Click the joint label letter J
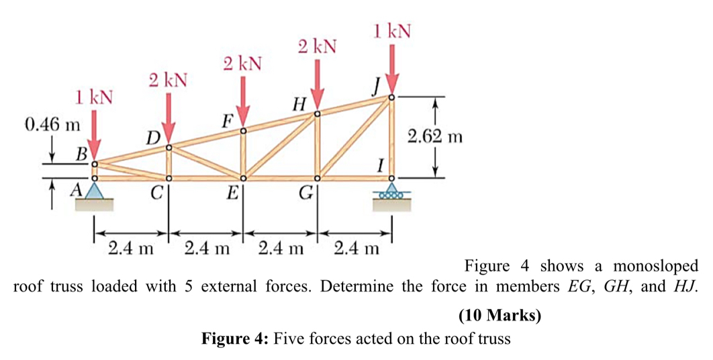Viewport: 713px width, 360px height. [x=377, y=86]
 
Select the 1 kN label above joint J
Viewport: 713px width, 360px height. [x=393, y=30]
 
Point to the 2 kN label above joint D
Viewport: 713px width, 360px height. [x=168, y=81]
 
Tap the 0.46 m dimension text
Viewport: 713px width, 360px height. [x=51, y=124]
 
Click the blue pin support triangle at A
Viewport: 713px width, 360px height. [x=95, y=191]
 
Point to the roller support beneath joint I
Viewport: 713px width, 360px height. [x=392, y=195]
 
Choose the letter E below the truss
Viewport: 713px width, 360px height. [x=232, y=195]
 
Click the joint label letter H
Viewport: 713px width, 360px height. [x=300, y=103]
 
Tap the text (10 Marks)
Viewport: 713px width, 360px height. [x=500, y=314]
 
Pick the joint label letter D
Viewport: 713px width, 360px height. [x=154, y=139]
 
